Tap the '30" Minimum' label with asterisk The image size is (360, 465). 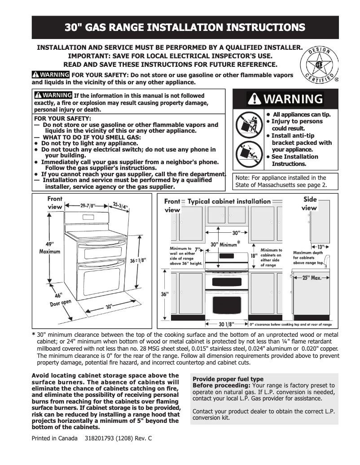[x=226, y=244]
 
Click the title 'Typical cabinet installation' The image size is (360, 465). [x=229, y=201]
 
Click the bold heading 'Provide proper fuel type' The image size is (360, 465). [x=228, y=379]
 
